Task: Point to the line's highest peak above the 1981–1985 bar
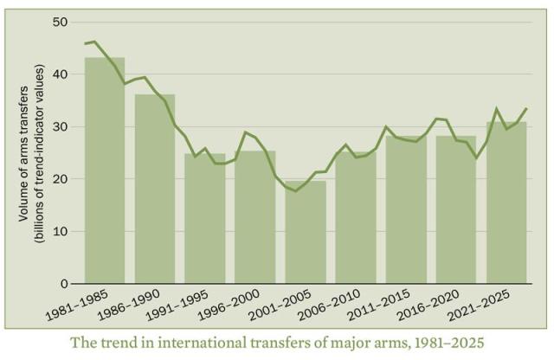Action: [93, 42]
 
